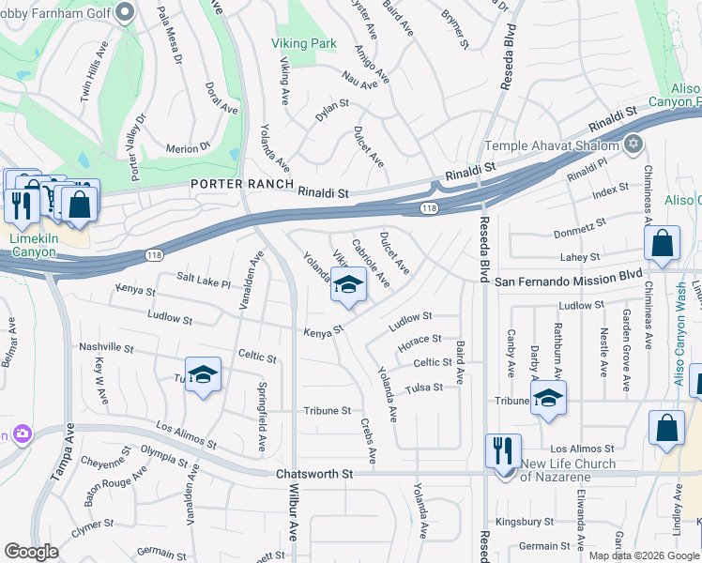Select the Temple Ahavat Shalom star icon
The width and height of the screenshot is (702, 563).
[x=633, y=145]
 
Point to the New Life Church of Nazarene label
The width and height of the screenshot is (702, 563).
[x=568, y=470]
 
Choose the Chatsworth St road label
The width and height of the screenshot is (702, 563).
[x=314, y=475]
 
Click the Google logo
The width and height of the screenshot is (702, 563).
[x=31, y=552]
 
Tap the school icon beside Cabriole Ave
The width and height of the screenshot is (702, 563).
[x=348, y=286]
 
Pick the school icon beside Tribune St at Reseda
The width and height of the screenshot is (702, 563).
[x=548, y=399]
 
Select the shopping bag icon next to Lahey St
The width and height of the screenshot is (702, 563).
[x=662, y=244]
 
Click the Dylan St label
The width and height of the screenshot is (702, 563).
[x=332, y=111]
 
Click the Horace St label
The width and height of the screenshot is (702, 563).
[x=419, y=339]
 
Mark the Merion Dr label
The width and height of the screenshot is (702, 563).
[x=188, y=148]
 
